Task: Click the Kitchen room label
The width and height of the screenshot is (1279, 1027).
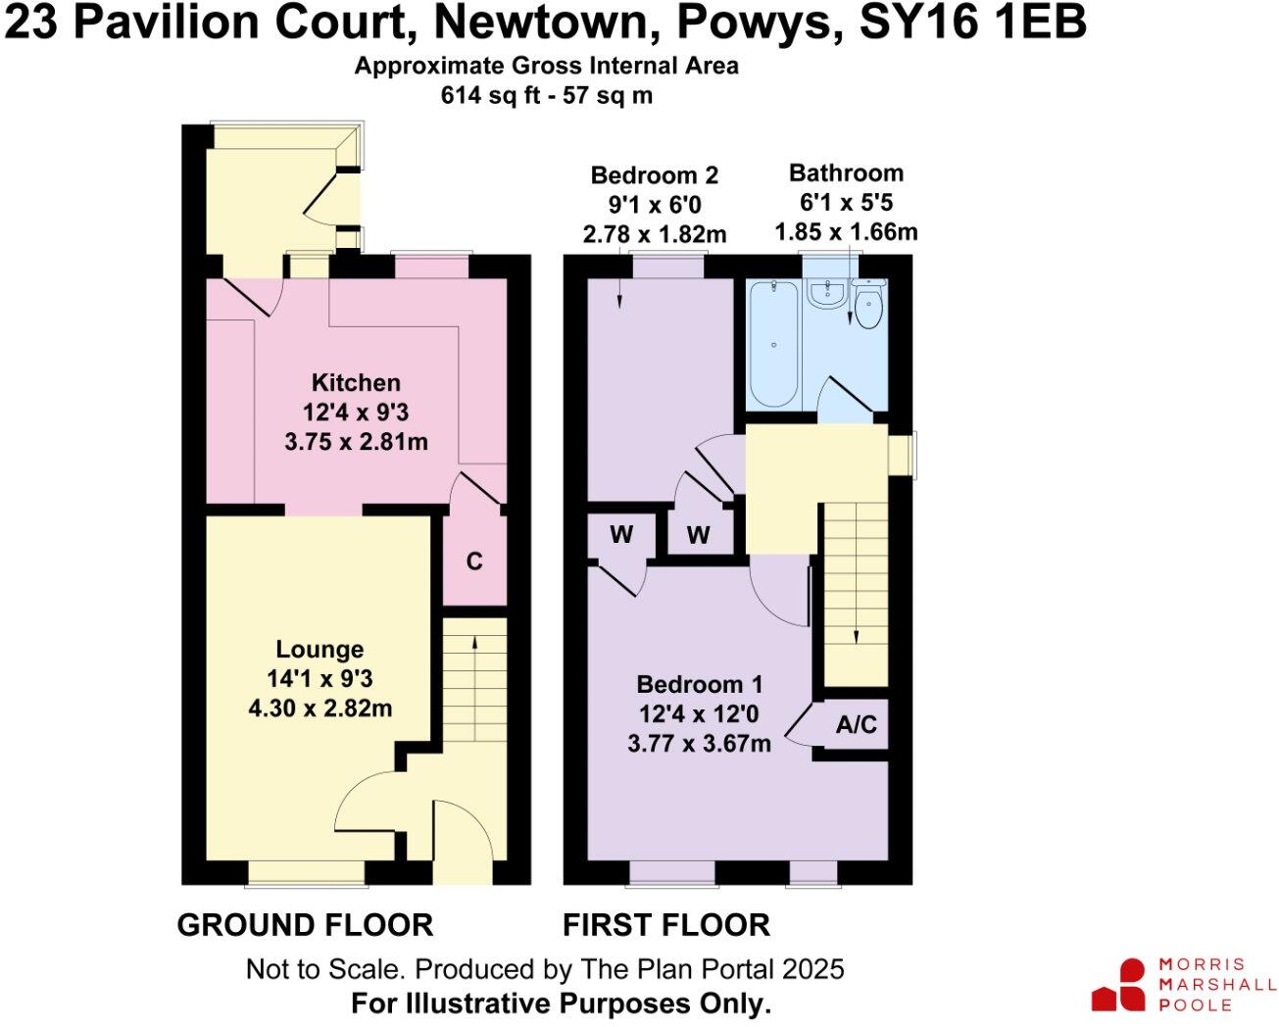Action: [x=356, y=383]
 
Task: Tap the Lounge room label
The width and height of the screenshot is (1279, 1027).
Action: [x=320, y=650]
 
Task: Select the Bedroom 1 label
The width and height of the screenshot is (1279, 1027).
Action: [x=699, y=685]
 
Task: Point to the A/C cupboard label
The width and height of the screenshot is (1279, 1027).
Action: [x=857, y=725]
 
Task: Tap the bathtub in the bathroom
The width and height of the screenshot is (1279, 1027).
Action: [x=773, y=343]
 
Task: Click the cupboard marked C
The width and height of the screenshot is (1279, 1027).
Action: [x=474, y=562]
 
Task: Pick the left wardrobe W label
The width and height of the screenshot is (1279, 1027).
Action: [x=621, y=535]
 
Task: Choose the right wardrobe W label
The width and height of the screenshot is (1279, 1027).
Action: [x=698, y=535]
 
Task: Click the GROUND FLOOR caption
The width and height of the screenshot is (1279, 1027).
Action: [x=305, y=924]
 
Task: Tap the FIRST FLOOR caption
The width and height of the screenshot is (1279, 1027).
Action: [x=665, y=924]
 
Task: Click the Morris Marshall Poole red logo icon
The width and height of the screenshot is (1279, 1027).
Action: [x=1119, y=985]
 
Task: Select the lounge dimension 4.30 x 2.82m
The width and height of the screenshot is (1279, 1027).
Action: [x=320, y=708]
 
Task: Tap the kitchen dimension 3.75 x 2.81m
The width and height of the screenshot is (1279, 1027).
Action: [x=356, y=442]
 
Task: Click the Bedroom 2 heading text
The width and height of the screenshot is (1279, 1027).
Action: [x=654, y=175]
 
